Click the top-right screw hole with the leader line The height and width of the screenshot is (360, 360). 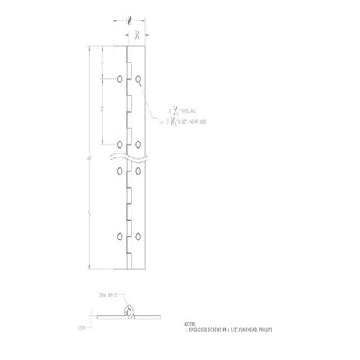point(138,80)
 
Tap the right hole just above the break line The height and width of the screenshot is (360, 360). point(138,142)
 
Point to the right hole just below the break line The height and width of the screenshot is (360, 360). point(138,171)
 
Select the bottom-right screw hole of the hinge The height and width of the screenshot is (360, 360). point(138,235)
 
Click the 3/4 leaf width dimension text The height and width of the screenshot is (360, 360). point(137,35)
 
